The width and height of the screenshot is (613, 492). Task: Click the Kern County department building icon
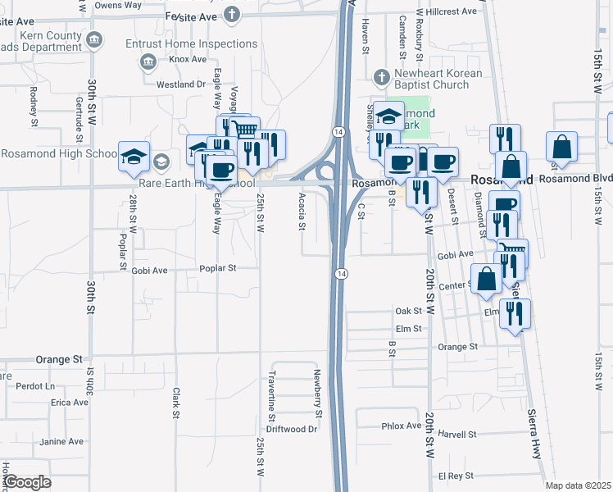94,39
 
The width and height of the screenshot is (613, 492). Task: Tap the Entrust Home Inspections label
191,44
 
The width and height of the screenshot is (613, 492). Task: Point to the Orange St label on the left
60,359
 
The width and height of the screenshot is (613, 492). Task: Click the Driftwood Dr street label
292,429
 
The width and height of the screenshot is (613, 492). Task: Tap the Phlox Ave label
400,426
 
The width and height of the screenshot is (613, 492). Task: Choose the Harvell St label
457,433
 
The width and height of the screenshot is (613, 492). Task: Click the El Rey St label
456,476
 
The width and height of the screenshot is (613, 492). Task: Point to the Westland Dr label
180,84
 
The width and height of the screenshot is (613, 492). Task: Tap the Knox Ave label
188,59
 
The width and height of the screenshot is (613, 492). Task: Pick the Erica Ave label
69,403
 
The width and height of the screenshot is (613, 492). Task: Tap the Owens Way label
118,5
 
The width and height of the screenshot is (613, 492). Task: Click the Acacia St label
302,214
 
